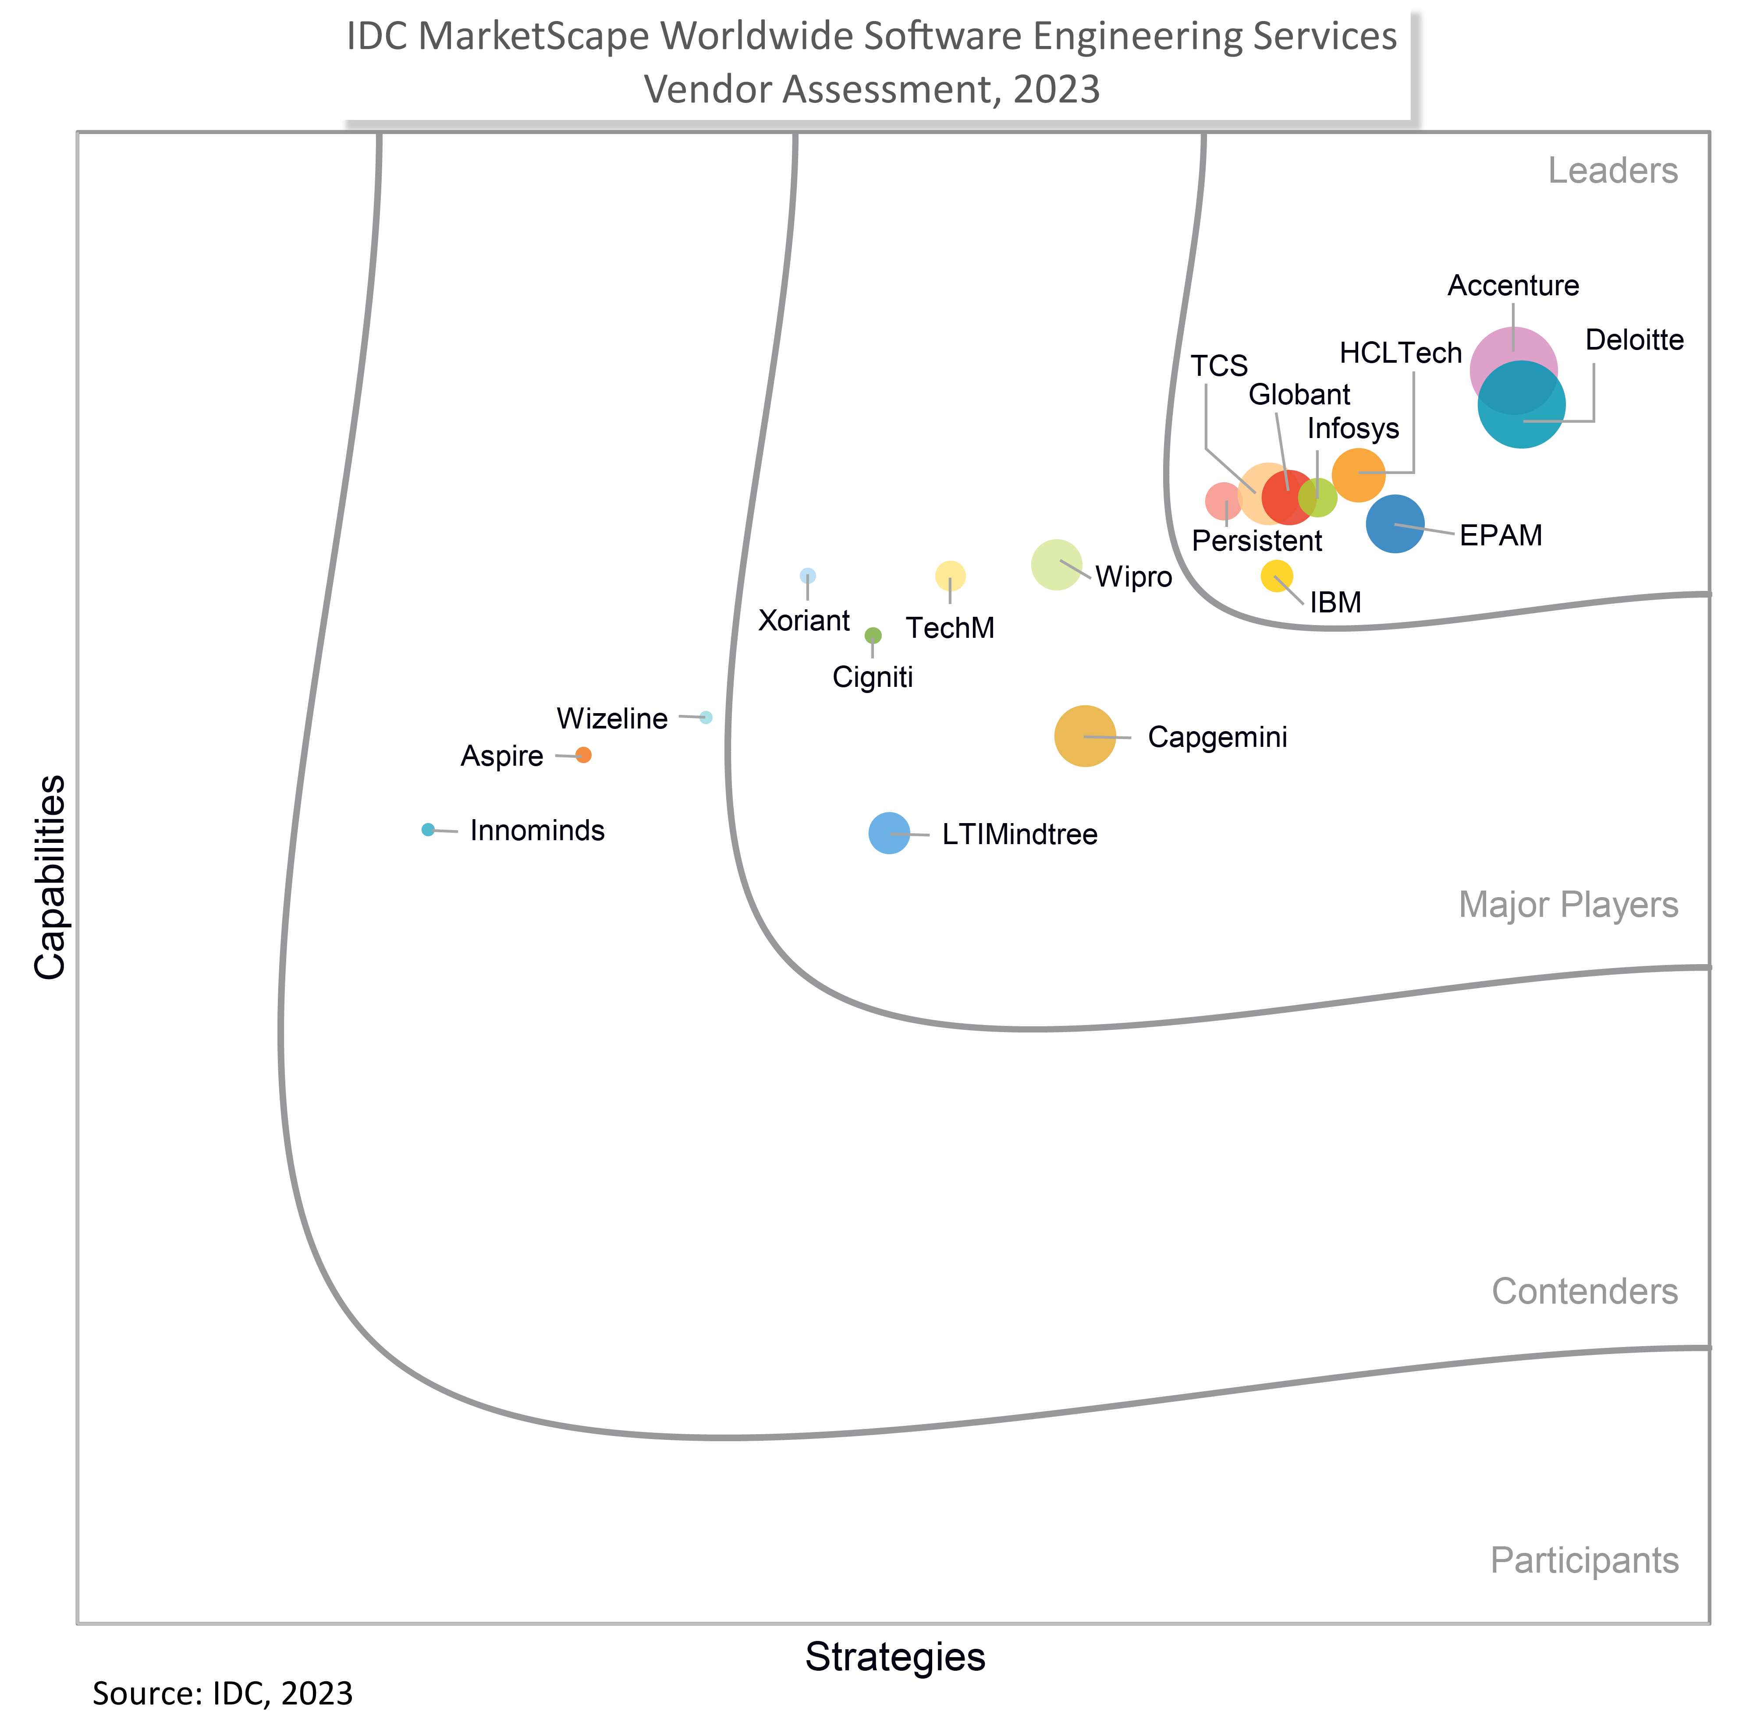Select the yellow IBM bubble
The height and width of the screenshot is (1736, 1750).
(x=1276, y=576)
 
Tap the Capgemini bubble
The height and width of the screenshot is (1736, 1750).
(x=1084, y=736)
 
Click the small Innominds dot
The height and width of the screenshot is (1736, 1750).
(x=429, y=830)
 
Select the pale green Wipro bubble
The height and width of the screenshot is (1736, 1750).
(x=1056, y=564)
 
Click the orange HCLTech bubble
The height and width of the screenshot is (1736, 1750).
(x=1358, y=474)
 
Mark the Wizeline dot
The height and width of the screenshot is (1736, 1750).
(x=706, y=717)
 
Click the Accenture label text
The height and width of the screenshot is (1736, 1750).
(x=1513, y=286)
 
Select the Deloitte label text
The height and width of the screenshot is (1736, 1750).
(x=1634, y=340)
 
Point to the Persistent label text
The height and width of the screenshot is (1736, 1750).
(x=1257, y=541)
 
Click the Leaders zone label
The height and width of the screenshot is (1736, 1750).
(x=1612, y=171)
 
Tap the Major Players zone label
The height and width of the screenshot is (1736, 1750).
(x=1568, y=905)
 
